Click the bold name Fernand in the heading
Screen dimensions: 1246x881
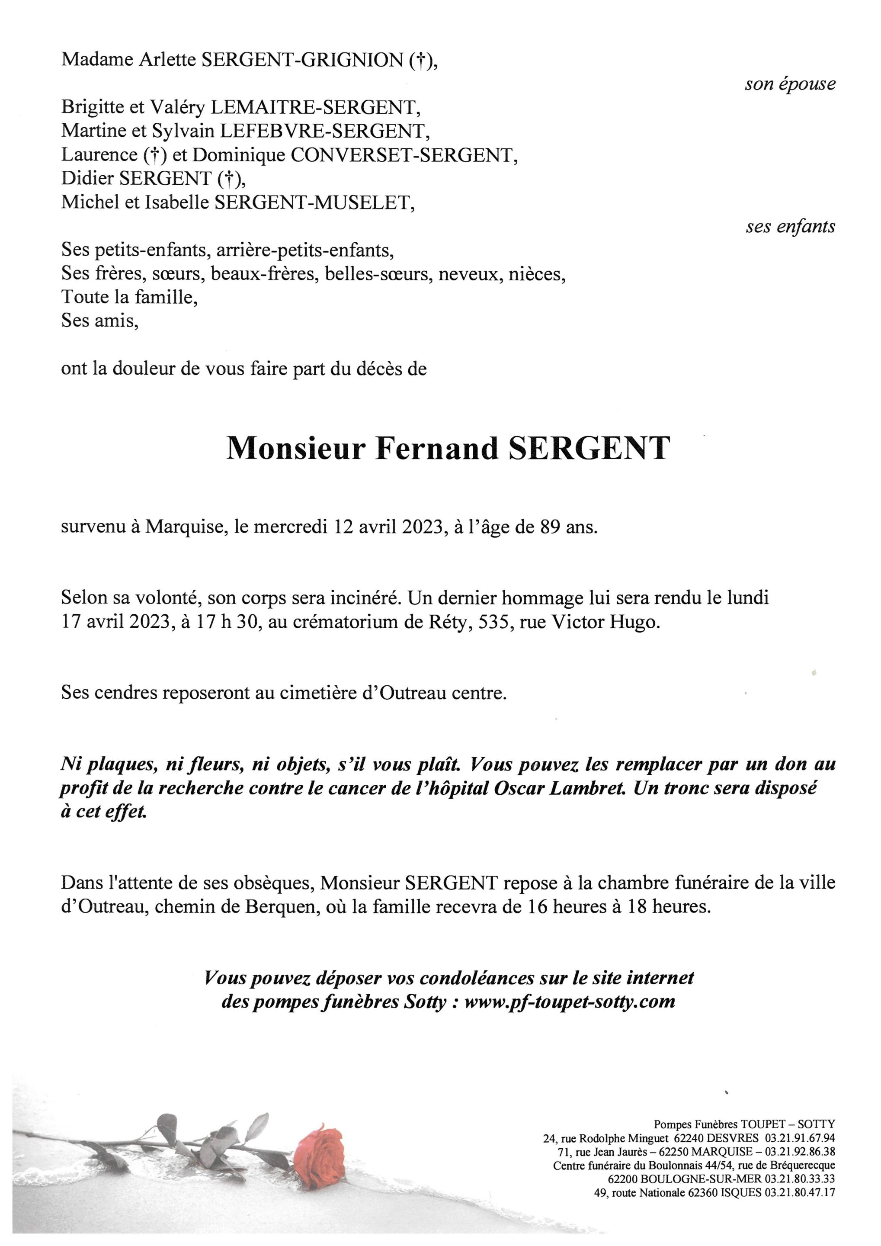[436, 449]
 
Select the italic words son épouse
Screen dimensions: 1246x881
[790, 84]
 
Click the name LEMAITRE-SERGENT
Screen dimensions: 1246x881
[315, 107]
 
